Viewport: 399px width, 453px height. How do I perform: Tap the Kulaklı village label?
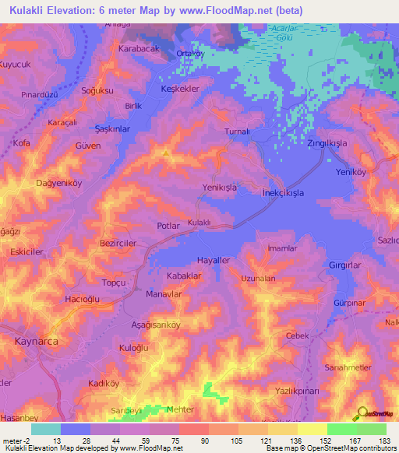click(x=199, y=223)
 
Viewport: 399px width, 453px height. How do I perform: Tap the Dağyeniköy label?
click(x=48, y=183)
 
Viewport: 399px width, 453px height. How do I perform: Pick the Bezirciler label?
click(x=119, y=244)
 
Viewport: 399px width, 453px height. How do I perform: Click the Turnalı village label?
click(x=236, y=132)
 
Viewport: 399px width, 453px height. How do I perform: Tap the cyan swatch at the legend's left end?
click(x=46, y=429)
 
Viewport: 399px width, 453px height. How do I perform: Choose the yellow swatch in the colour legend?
click(x=312, y=429)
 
